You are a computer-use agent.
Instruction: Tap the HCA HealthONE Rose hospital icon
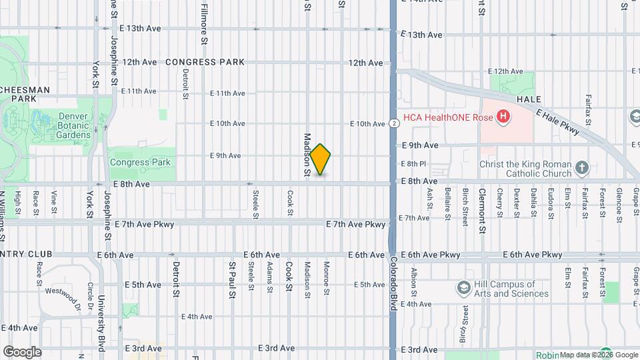coord(503,117)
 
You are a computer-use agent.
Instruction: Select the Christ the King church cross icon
coord(582,167)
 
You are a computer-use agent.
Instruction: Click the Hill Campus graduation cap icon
coord(463,288)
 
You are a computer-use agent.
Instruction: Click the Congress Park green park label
coord(140,162)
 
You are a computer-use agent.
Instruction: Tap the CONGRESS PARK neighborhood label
coord(205,62)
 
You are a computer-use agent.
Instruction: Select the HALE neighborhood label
coord(528,99)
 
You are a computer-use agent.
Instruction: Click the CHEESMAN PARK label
coord(25,94)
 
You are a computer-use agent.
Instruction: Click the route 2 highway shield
coord(395,123)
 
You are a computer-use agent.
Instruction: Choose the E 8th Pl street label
coord(413,164)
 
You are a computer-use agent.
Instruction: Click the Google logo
coord(22,352)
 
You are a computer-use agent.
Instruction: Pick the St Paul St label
coord(232,275)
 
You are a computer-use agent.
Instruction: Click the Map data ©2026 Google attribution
coord(598,355)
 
